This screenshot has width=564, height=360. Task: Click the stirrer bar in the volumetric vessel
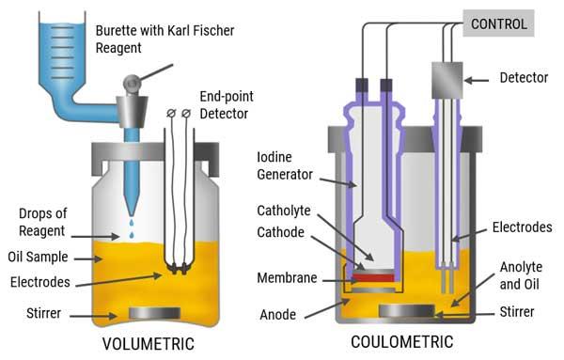(x=148, y=312)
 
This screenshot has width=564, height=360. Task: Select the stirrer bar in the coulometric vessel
(x=407, y=310)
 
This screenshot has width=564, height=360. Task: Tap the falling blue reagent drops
(x=130, y=224)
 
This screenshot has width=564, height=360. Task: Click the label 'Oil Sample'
(x=40, y=256)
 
